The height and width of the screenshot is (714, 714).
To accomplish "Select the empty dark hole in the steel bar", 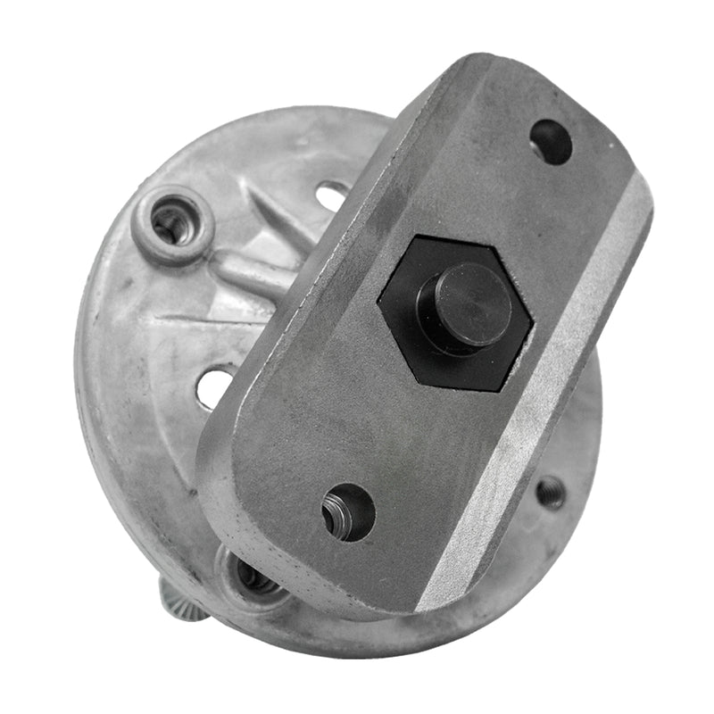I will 551,141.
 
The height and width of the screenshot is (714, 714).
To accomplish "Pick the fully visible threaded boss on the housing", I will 171,222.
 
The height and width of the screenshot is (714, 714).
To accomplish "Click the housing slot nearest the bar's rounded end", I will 215,386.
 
